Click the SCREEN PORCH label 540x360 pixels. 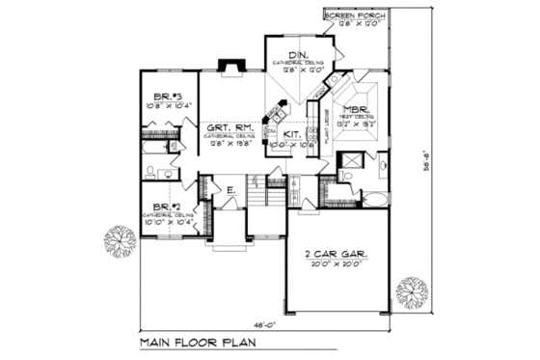[350, 17]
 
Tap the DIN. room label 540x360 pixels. [294, 55]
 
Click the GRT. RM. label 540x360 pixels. [225, 128]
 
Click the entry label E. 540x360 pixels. [230, 191]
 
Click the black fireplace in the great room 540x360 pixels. [229, 66]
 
